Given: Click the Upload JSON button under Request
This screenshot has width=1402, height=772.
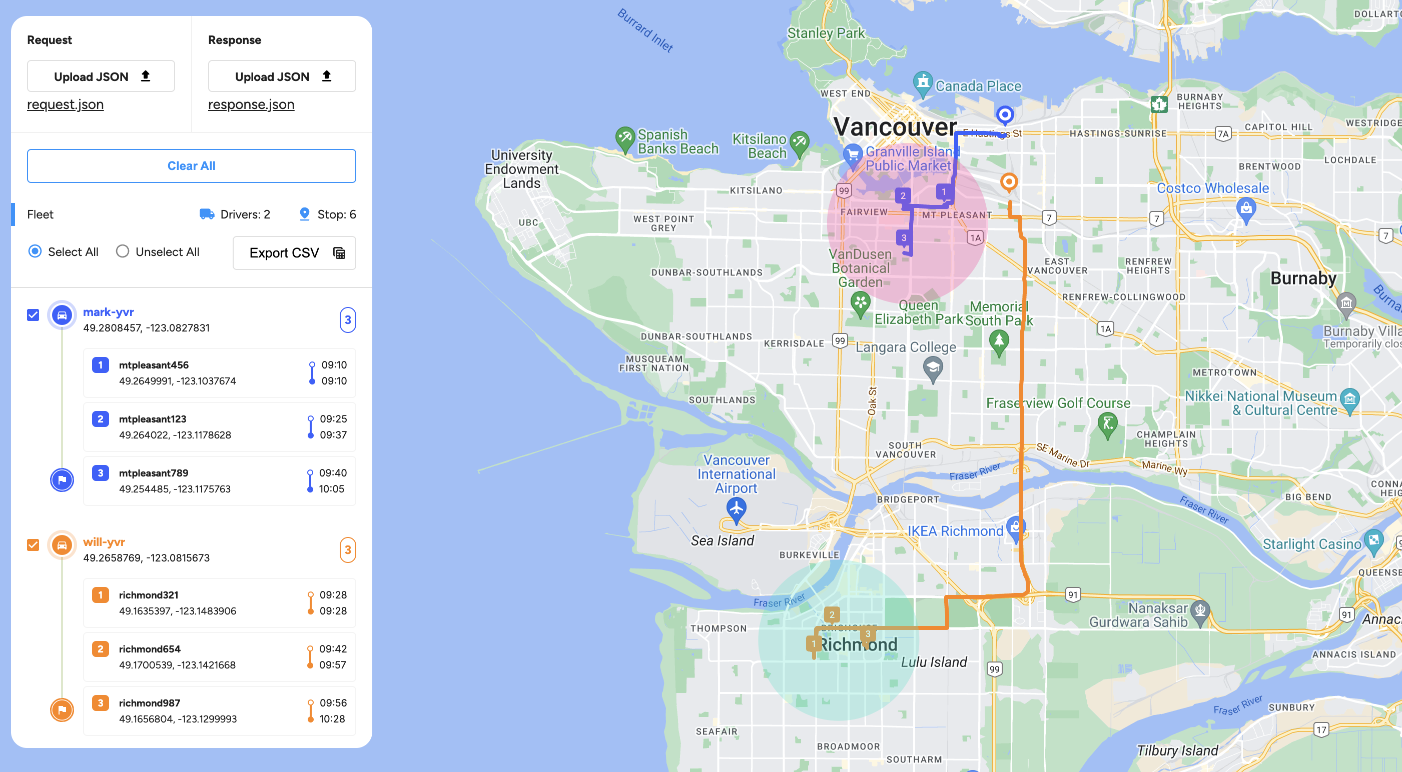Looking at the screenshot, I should tap(101, 76).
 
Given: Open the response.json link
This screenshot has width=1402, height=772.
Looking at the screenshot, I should tap(251, 104).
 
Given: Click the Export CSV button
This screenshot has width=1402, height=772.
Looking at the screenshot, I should tap(294, 252).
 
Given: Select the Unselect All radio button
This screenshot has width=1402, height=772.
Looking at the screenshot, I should tap(123, 251).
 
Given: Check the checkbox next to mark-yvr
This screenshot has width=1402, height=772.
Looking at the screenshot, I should tap(33, 314).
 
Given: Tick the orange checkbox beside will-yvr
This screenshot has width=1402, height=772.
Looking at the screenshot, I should tap(33, 544).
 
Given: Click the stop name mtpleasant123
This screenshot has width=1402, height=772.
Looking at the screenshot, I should tap(153, 419).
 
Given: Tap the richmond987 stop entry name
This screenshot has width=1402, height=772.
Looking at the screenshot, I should tap(149, 702).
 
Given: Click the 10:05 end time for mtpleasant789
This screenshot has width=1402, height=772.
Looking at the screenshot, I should tap(331, 488).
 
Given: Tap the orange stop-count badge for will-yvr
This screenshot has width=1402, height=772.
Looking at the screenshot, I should tap(347, 549).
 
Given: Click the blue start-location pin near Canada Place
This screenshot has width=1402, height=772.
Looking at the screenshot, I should tap(1005, 115).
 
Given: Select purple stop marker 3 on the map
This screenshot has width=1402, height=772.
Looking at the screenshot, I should tap(904, 237).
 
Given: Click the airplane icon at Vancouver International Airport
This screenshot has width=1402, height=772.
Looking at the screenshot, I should tap(736, 508).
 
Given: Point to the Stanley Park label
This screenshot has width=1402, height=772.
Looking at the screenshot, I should tap(825, 33).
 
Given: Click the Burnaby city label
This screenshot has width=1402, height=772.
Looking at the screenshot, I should tap(1303, 278).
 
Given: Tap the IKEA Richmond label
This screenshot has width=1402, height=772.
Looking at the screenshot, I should tap(955, 531).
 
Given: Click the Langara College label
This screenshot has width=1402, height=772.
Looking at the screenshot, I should tap(906, 347).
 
